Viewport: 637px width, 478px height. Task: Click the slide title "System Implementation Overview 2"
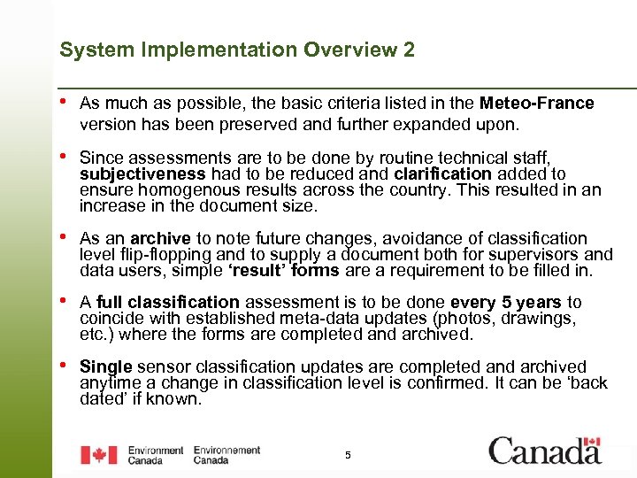coord(236,50)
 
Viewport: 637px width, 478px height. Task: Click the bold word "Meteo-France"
coord(537,104)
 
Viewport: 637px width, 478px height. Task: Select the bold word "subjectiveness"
coord(129,174)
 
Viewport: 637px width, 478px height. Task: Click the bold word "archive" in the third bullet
coord(161,238)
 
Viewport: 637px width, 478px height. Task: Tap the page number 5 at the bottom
coord(348,455)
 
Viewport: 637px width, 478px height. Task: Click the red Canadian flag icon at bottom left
coord(98,455)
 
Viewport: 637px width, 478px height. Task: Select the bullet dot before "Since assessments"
coord(64,157)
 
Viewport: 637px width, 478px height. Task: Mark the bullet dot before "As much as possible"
coord(64,102)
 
